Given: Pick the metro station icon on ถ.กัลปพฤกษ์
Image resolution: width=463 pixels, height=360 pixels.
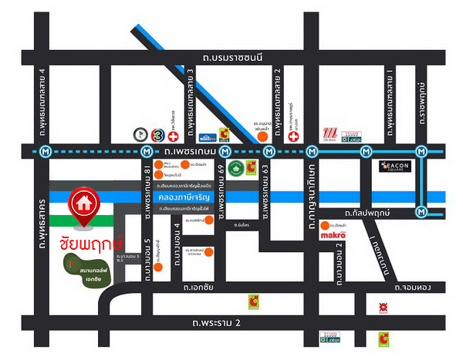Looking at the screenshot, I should click(x=421, y=210).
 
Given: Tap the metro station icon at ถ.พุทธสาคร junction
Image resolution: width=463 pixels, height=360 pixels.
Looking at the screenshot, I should click(x=47, y=151).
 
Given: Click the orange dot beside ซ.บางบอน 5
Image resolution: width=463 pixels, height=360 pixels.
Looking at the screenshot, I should click(x=157, y=269).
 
